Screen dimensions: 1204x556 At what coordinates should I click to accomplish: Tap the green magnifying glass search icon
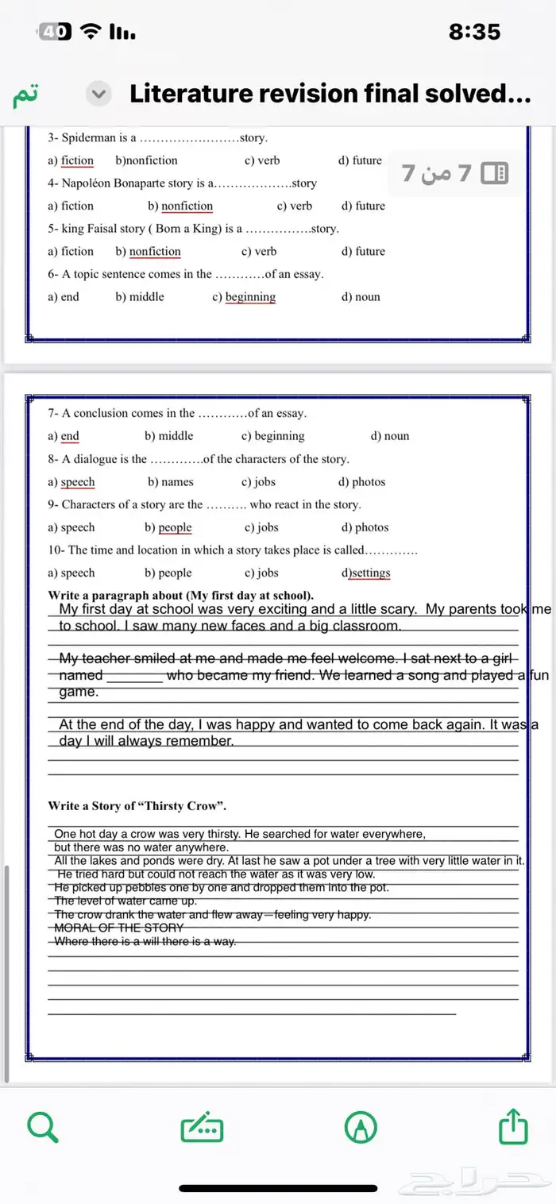pos(43,1126)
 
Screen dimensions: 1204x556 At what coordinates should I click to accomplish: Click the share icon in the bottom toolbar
pos(513,1126)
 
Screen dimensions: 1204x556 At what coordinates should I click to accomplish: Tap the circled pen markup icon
pos(361,1127)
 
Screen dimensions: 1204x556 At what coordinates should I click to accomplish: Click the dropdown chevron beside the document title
pos(98,95)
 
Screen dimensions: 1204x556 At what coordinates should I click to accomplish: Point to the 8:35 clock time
pos(474,32)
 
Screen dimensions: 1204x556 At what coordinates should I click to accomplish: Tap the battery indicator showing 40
pos(54,32)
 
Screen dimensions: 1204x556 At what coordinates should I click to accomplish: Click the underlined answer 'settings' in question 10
pos(371,573)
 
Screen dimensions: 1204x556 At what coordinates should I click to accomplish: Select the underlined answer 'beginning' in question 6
pos(250,297)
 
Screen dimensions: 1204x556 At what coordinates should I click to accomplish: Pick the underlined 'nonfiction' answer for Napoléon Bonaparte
pos(187,206)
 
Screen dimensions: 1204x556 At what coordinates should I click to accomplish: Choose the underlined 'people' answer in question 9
pos(175,527)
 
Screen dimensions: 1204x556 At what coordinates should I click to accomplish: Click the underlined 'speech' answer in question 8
pos(78,482)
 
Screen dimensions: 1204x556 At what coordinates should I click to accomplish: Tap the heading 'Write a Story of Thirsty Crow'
pos(137,806)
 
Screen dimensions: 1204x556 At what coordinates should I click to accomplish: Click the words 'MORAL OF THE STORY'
pos(118,928)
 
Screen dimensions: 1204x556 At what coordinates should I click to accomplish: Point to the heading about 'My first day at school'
pos(181,596)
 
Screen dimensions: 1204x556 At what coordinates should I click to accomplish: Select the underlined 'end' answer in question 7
pos(70,436)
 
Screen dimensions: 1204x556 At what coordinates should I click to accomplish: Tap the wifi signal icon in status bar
pos(92,32)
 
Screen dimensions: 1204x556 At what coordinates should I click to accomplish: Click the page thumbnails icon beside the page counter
pos(495,172)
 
